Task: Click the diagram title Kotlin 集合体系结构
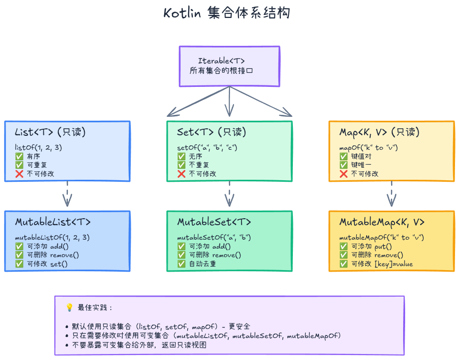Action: [x=227, y=13]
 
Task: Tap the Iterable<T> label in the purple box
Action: [x=229, y=61]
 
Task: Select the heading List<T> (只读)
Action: [x=50, y=132]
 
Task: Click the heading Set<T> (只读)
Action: [x=212, y=132]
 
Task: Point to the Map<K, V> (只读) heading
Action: [x=380, y=132]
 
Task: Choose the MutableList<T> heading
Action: [x=53, y=222]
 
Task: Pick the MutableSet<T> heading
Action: [x=214, y=222]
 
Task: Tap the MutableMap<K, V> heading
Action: [x=382, y=222]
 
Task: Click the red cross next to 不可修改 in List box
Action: [x=19, y=174]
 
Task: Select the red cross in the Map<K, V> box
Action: [x=344, y=174]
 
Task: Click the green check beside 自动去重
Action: [x=182, y=264]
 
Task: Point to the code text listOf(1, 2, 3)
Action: [x=39, y=147]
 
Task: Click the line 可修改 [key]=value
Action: [x=382, y=264]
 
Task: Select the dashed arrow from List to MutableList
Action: [x=67, y=194]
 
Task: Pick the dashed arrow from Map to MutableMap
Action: [x=392, y=194]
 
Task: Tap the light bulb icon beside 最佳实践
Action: [x=69, y=308]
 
